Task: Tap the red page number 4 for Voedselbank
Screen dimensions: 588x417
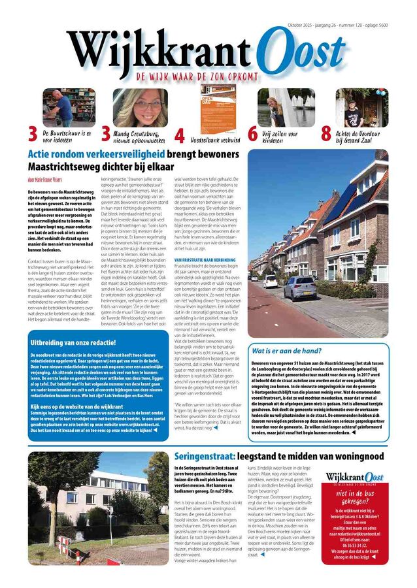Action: (179, 135)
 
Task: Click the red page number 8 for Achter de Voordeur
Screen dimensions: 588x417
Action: (325, 135)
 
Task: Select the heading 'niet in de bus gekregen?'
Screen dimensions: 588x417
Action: (356, 500)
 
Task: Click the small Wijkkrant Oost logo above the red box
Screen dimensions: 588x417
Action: (355, 478)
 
